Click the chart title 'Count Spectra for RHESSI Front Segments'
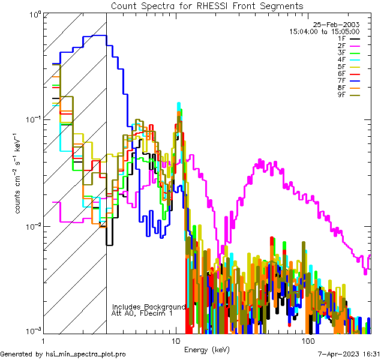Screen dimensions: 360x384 pos(207,5)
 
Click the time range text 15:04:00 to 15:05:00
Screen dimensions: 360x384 pos(324,31)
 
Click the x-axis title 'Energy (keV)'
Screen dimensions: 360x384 pos(206,350)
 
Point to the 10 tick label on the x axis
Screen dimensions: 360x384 pos(176,341)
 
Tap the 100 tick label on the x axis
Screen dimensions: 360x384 pos(308,341)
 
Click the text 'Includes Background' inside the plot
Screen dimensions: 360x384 pos(149,307)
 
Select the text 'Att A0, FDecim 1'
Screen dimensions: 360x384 pos(142,313)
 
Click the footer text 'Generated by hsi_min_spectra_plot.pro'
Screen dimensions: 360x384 pos(63,354)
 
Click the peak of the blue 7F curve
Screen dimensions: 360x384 pos(96,35)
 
